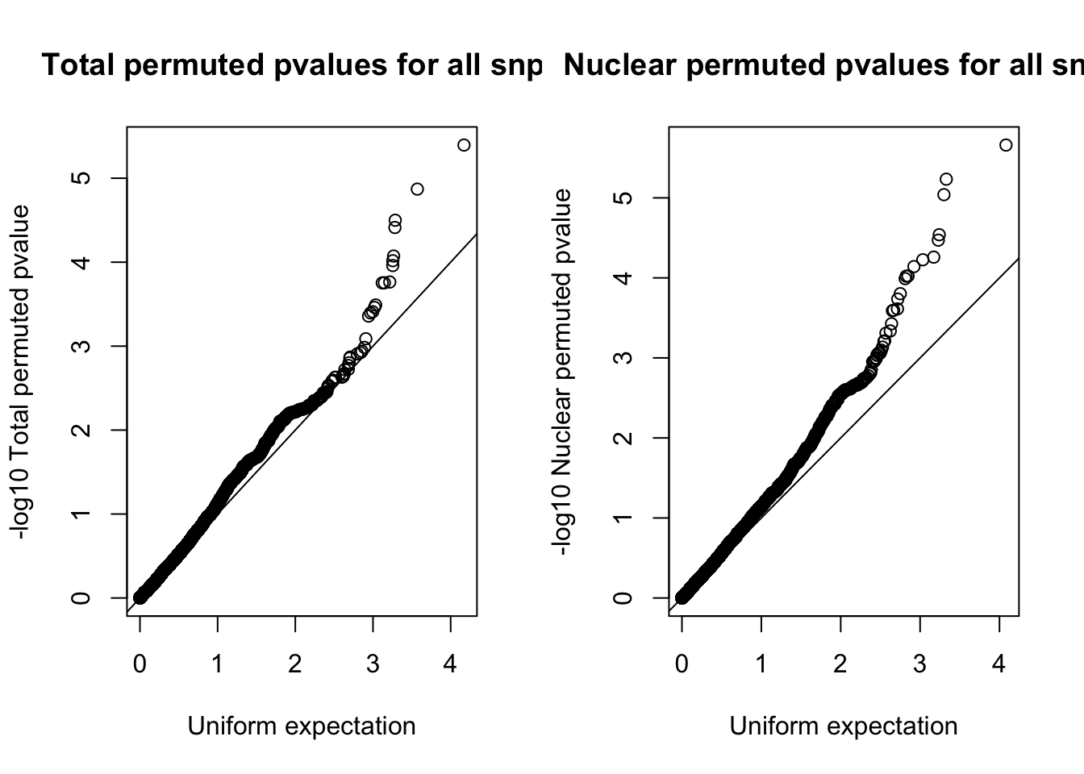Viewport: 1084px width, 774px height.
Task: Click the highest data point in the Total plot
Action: point(464,145)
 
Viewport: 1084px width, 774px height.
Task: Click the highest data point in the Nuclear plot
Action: point(1005,145)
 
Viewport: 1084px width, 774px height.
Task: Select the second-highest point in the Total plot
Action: point(417,189)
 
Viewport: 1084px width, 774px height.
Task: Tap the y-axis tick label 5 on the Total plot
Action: point(81,178)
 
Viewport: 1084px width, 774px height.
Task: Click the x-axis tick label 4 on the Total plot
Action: point(450,665)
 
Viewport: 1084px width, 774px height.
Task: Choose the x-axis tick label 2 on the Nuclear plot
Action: point(840,665)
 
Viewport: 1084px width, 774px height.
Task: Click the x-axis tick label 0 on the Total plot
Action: point(140,665)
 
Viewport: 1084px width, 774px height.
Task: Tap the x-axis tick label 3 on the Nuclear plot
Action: point(919,665)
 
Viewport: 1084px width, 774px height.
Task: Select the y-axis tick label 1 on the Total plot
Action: point(81,514)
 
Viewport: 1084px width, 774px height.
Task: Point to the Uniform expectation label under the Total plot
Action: point(302,726)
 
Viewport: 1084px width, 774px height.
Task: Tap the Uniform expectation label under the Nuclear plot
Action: point(844,726)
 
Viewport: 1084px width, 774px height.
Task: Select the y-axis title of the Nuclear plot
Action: point(562,372)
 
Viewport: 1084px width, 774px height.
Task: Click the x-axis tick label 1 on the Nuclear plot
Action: point(761,665)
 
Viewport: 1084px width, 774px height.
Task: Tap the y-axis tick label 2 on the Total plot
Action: point(81,430)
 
